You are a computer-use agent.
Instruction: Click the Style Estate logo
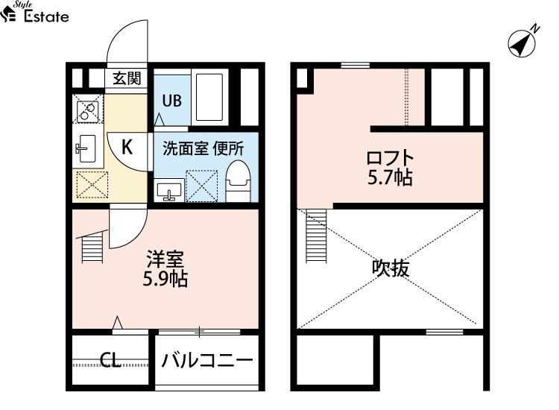34,13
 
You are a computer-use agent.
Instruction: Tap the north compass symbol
522,42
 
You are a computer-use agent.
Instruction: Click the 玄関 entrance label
127,78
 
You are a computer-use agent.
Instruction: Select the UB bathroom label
172,101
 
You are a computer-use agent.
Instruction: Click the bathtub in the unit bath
210,97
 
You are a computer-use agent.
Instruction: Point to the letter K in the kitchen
127,146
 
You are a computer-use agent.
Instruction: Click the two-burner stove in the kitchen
88,109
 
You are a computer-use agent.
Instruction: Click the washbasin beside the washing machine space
169,190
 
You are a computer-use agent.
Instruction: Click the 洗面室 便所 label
203,148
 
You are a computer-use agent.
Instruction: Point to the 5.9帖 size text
165,279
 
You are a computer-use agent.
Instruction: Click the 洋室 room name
165,259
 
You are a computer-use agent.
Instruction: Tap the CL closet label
110,360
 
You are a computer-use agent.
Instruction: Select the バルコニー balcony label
207,361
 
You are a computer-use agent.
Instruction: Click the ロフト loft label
390,158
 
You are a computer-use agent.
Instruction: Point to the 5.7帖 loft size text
390,177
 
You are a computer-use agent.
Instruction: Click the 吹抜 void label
391,268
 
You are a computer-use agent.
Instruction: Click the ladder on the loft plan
316,236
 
